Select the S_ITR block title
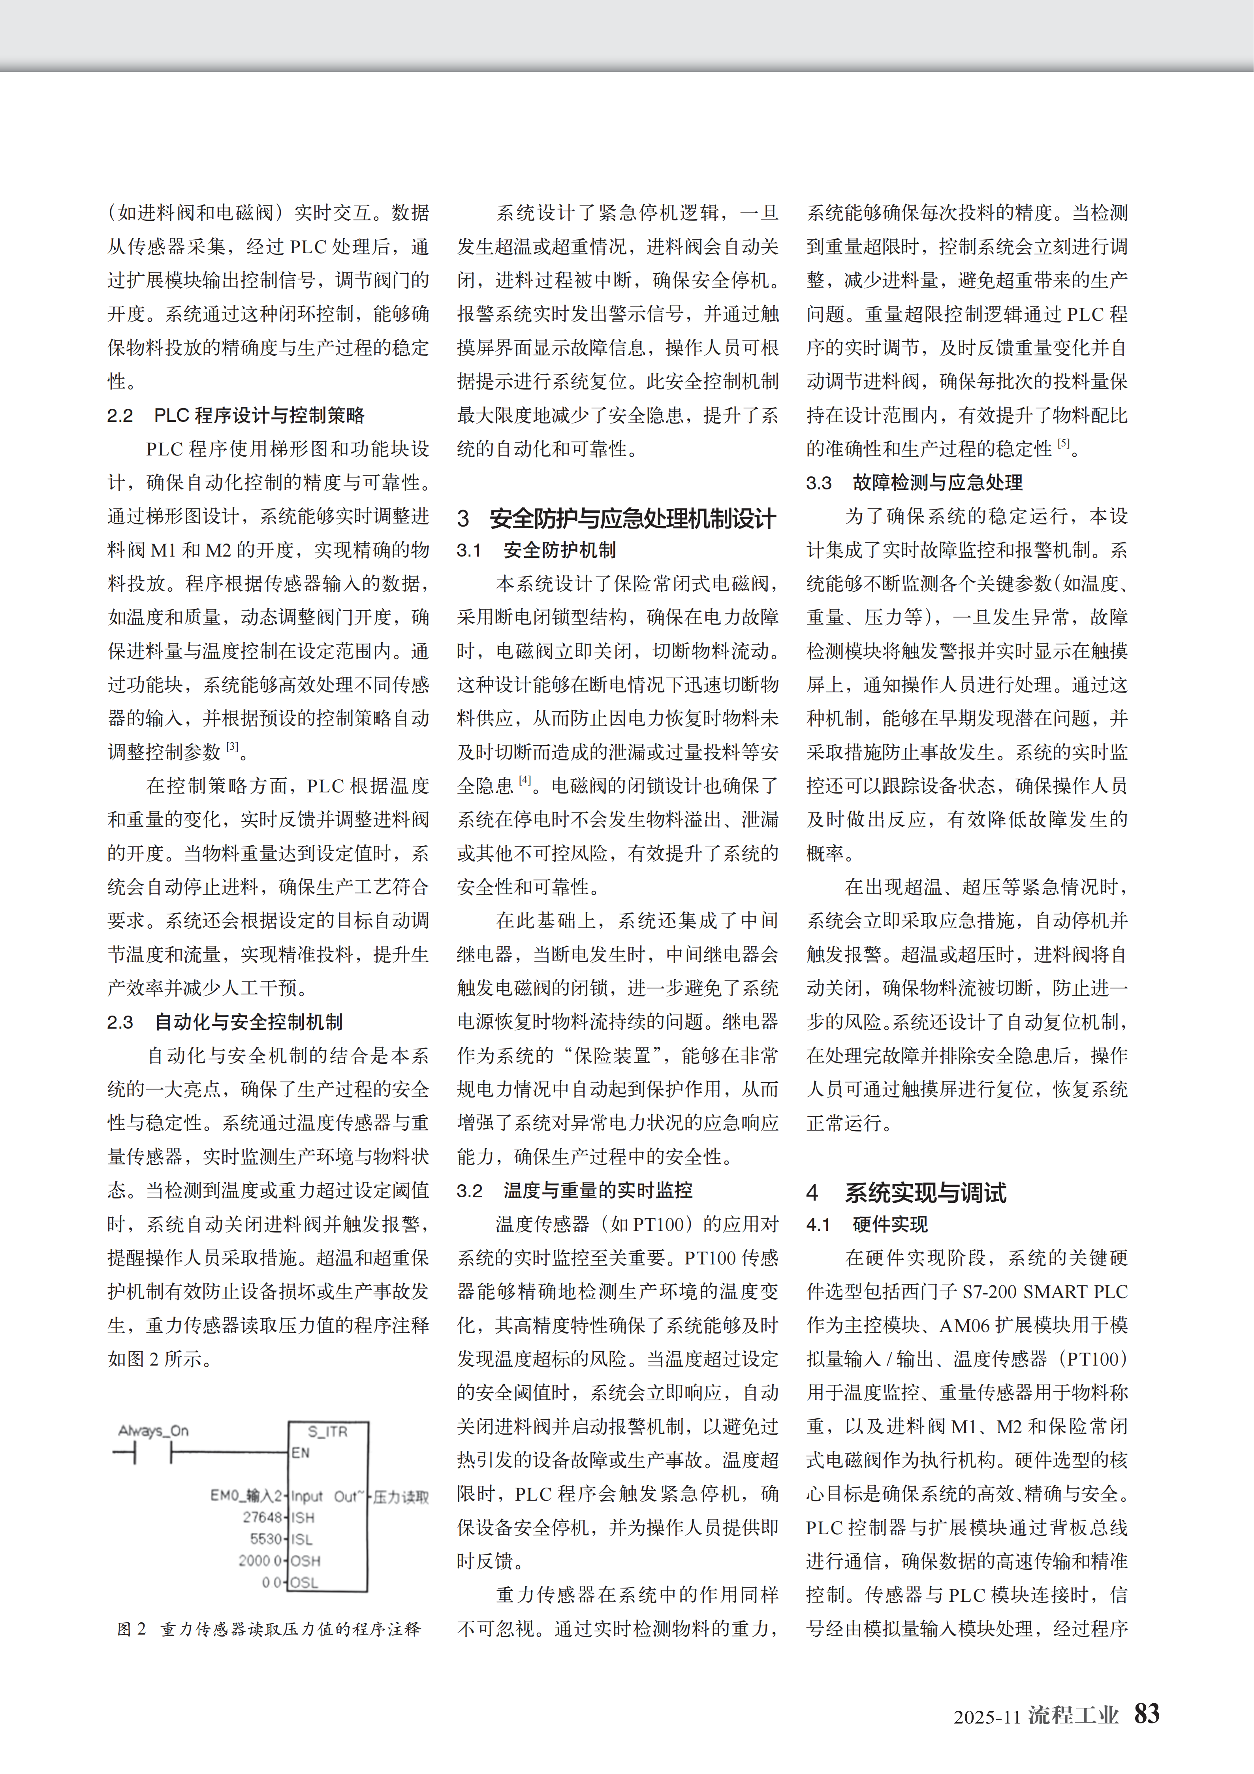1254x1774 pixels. (327, 1431)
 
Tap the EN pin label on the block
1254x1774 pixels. (301, 1452)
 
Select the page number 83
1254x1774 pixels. (1147, 1714)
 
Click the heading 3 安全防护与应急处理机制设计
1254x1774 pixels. (616, 518)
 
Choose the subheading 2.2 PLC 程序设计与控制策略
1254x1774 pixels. (236, 416)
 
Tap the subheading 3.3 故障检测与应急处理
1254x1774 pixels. (914, 483)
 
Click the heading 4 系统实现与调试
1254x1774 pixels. (906, 1193)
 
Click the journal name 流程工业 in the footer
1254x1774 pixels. (1073, 1715)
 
